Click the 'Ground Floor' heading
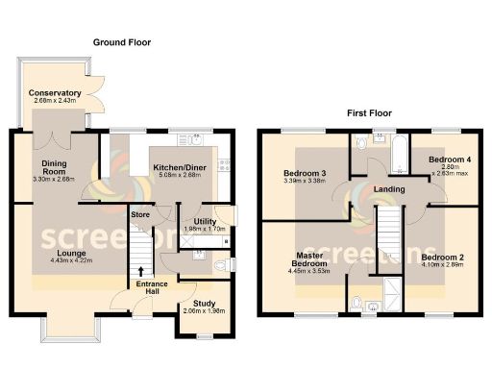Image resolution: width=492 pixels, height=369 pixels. tap(122, 42)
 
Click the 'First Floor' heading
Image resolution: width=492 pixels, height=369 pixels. tap(371, 112)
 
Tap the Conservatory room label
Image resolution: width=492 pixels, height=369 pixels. tap(55, 93)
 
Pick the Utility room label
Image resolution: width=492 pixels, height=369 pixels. tap(197, 220)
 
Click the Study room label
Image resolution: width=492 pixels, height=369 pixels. tap(203, 303)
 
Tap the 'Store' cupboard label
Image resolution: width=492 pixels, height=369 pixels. tap(140, 213)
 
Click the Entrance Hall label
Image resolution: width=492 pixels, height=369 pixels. tap(151, 287)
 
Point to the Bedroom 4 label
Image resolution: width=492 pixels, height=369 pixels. tap(449, 159)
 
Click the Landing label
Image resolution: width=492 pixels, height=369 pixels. tap(388, 189)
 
